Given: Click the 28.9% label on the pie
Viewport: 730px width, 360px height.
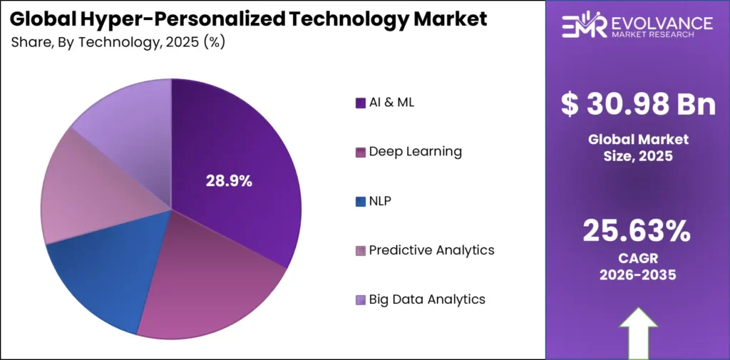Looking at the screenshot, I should click(229, 181).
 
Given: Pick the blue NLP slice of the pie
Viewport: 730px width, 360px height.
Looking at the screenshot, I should click(107, 278).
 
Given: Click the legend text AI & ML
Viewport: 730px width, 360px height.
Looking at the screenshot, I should click(391, 102).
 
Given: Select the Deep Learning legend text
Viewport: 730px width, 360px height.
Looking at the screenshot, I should click(415, 151).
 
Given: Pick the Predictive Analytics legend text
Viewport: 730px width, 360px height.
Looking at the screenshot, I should click(431, 250).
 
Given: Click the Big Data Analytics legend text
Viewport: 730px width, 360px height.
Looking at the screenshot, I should click(426, 299).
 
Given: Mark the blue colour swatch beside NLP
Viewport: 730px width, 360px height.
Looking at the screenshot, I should click(361, 201).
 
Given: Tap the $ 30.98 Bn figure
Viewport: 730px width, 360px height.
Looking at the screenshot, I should click(638, 105).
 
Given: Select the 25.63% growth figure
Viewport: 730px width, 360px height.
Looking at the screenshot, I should click(637, 230).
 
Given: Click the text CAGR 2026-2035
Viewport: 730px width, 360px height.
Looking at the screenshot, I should click(637, 265).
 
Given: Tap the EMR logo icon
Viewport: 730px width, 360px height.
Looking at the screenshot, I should click(583, 26).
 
